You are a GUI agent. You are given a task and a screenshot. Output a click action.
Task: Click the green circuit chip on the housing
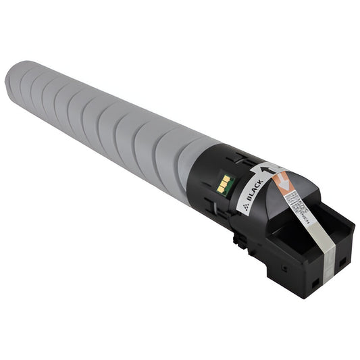click(226, 184)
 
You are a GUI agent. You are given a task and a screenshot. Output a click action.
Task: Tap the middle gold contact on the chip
click(225, 184)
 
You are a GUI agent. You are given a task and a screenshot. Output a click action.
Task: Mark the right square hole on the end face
click(342, 261)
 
